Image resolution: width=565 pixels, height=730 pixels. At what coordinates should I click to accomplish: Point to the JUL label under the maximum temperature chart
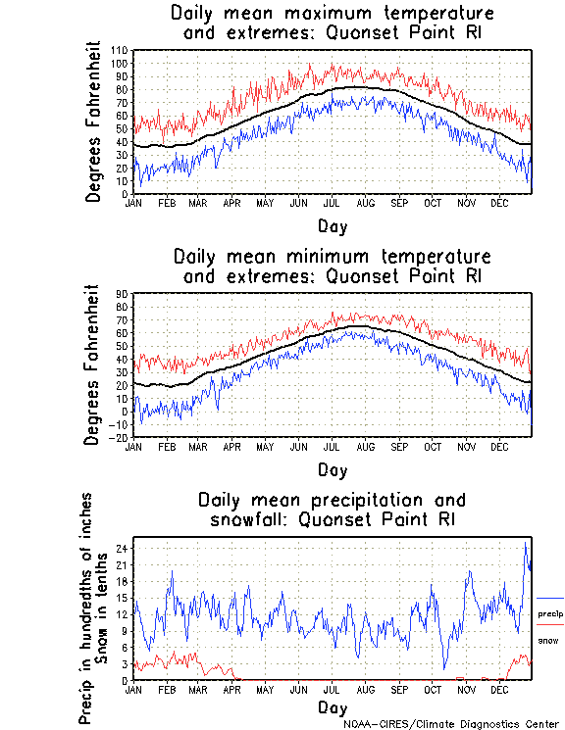[333, 203]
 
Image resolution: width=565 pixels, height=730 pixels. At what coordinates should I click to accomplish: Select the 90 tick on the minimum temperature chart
[124, 293]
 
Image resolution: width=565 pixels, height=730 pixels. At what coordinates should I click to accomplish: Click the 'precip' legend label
[550, 613]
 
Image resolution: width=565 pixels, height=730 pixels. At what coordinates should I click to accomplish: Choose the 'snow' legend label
[548, 640]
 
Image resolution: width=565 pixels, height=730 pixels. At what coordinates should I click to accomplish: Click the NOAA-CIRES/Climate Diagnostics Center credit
[450, 724]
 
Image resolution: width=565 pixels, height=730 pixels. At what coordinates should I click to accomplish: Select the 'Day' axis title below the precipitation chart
[333, 706]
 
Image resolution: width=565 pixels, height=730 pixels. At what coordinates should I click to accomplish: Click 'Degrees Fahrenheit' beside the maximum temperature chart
[94, 122]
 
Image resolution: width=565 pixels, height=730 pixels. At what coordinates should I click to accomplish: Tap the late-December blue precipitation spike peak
[527, 542]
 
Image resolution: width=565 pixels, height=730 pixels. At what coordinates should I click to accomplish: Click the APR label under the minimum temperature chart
[232, 446]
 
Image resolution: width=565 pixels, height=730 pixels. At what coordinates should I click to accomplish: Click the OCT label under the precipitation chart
[433, 689]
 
